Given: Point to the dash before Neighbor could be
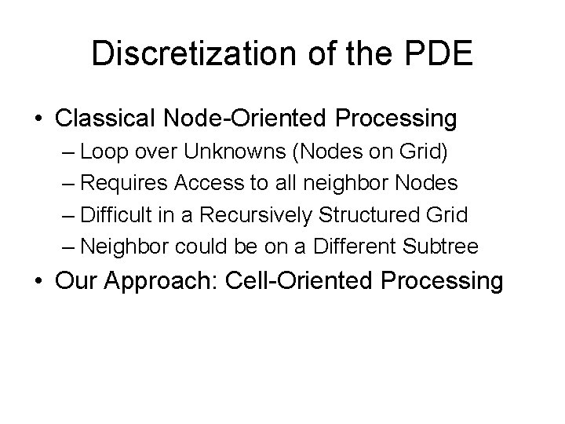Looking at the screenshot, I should click(69, 247).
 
